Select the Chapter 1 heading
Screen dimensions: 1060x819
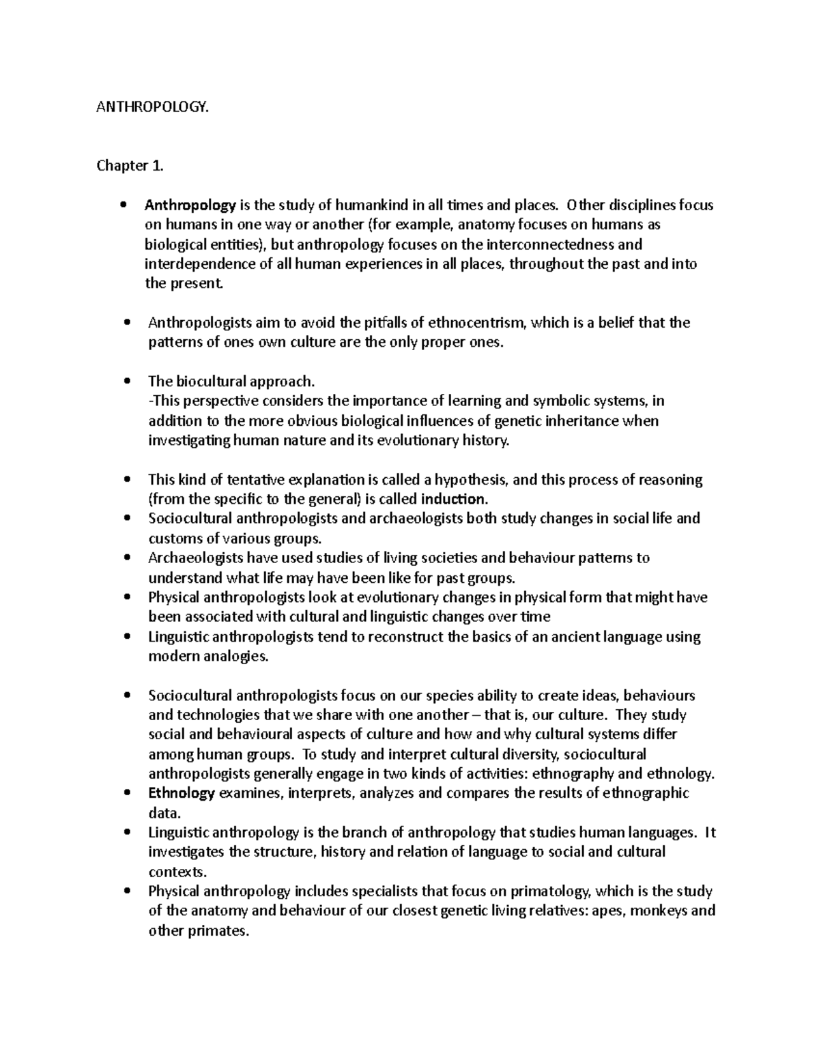pyautogui.click(x=123, y=166)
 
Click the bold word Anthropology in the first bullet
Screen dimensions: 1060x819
pyautogui.click(x=190, y=205)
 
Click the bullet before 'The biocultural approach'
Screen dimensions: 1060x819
pyautogui.click(x=125, y=382)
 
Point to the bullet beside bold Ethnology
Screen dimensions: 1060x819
pyautogui.click(x=125, y=793)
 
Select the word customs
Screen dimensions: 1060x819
pyautogui.click(x=174, y=538)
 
